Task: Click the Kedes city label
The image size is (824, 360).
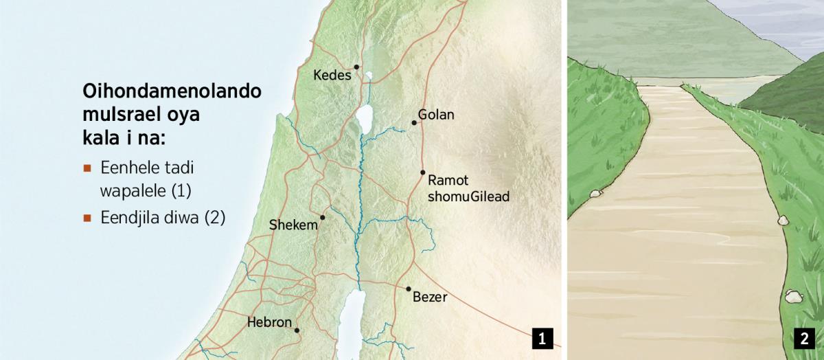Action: tap(332, 74)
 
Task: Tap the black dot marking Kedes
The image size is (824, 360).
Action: tap(357, 67)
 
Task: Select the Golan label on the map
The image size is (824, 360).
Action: tap(436, 115)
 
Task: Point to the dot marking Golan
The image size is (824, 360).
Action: tap(414, 123)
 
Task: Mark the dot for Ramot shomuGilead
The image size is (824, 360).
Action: tap(423, 172)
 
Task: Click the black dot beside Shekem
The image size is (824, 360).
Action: tap(322, 217)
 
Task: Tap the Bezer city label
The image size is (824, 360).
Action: tap(431, 297)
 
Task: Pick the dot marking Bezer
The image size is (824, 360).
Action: tap(409, 289)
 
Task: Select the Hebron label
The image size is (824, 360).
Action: tap(269, 322)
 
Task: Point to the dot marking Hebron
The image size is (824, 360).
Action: tap(297, 330)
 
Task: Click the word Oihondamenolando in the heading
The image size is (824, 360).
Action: tap(172, 91)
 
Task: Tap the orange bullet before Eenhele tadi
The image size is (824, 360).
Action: tap(87, 168)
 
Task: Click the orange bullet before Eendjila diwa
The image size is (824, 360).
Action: tap(87, 218)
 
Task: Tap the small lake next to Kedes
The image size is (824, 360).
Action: tap(369, 76)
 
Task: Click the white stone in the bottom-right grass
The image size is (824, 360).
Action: tap(792, 297)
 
